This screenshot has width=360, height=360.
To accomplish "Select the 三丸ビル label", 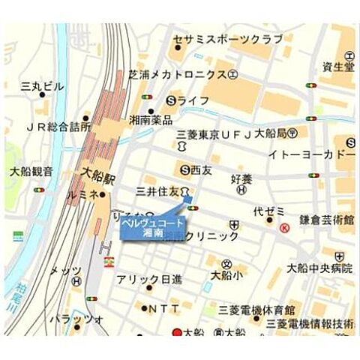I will click(x=43, y=87).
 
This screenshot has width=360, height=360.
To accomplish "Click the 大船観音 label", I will click(x=31, y=171).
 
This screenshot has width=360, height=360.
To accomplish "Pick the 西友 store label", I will click(x=199, y=169).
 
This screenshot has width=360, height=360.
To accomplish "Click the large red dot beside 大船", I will click(x=178, y=333).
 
